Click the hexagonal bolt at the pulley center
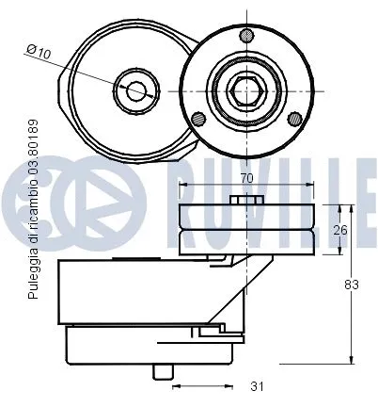point(246,90)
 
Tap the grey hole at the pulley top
point(246,37)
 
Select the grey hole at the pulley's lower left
point(198,118)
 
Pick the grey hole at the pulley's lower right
point(294,118)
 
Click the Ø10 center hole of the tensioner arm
point(136,91)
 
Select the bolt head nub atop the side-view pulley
point(246,199)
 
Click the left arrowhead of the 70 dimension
point(182,185)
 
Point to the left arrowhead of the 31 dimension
point(175,384)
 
